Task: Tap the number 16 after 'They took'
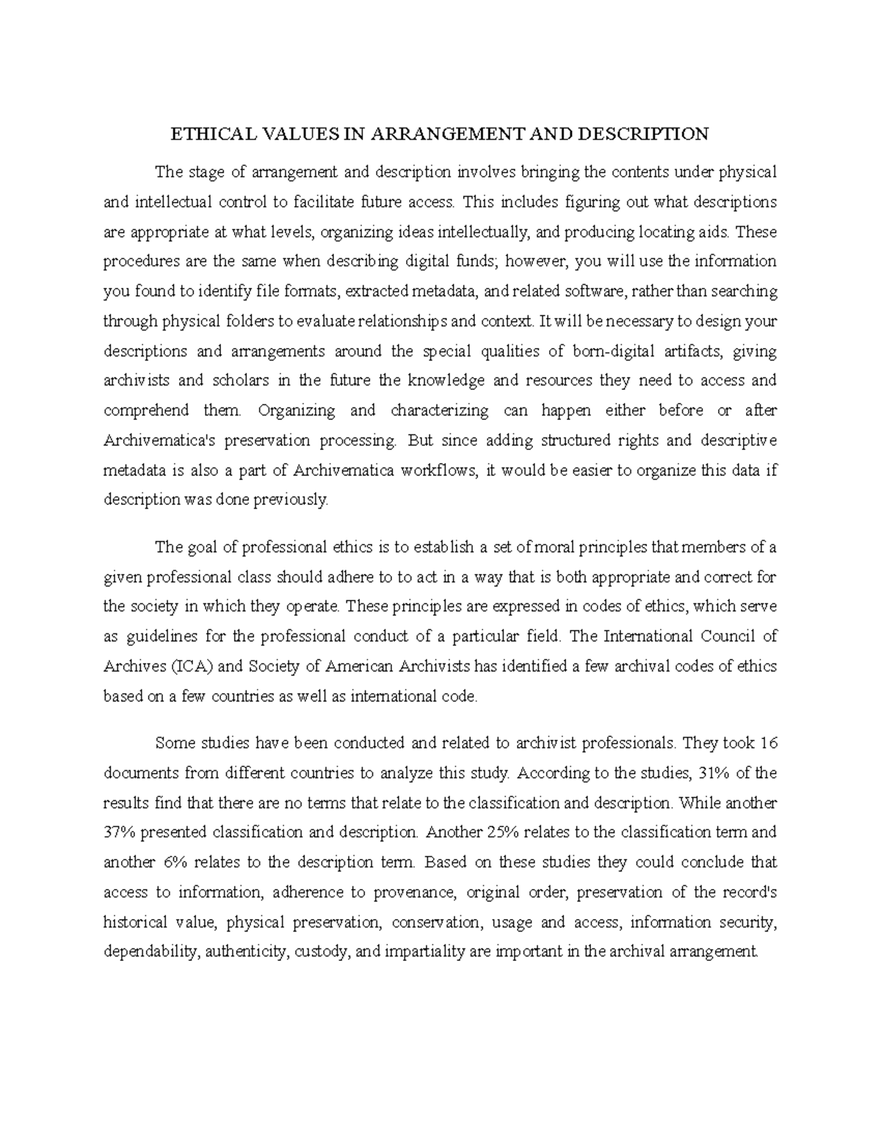coord(768,743)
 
